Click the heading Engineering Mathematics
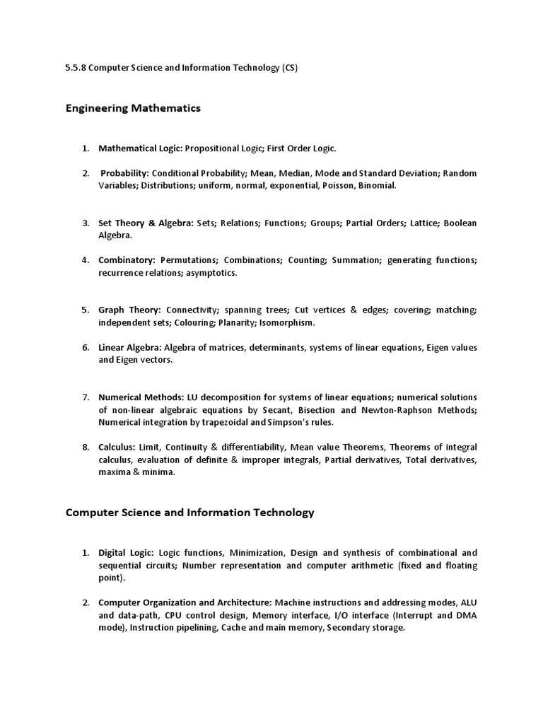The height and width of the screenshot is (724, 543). pyautogui.click(x=133, y=108)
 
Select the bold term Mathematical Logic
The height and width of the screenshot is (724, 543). pyautogui.click(x=140, y=148)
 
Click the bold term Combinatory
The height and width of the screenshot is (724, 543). pyautogui.click(x=127, y=260)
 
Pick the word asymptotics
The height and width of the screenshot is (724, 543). pyautogui.click(x=211, y=273)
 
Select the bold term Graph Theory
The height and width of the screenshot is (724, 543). pyautogui.click(x=129, y=310)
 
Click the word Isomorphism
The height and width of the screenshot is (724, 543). pyautogui.click(x=290, y=322)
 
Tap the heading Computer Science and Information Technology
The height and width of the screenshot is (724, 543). pyautogui.click(x=189, y=513)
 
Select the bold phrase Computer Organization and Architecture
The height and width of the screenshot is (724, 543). pyautogui.click(x=185, y=602)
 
